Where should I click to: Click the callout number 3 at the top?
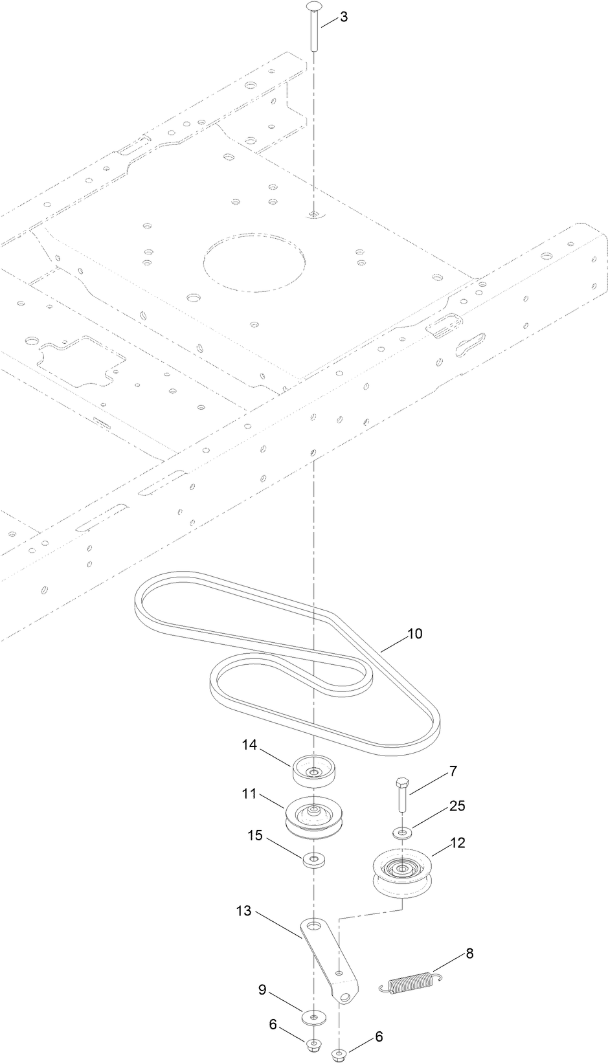(343, 17)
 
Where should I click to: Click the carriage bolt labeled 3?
(314, 28)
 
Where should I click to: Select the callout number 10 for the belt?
(414, 634)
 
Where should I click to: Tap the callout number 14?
(250, 745)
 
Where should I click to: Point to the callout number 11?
(250, 793)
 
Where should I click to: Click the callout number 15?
(255, 836)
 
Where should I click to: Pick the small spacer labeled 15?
(314, 860)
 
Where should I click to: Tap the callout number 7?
(453, 771)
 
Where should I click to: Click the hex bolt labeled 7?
(401, 796)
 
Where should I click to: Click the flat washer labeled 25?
(402, 831)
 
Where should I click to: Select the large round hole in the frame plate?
(253, 260)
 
